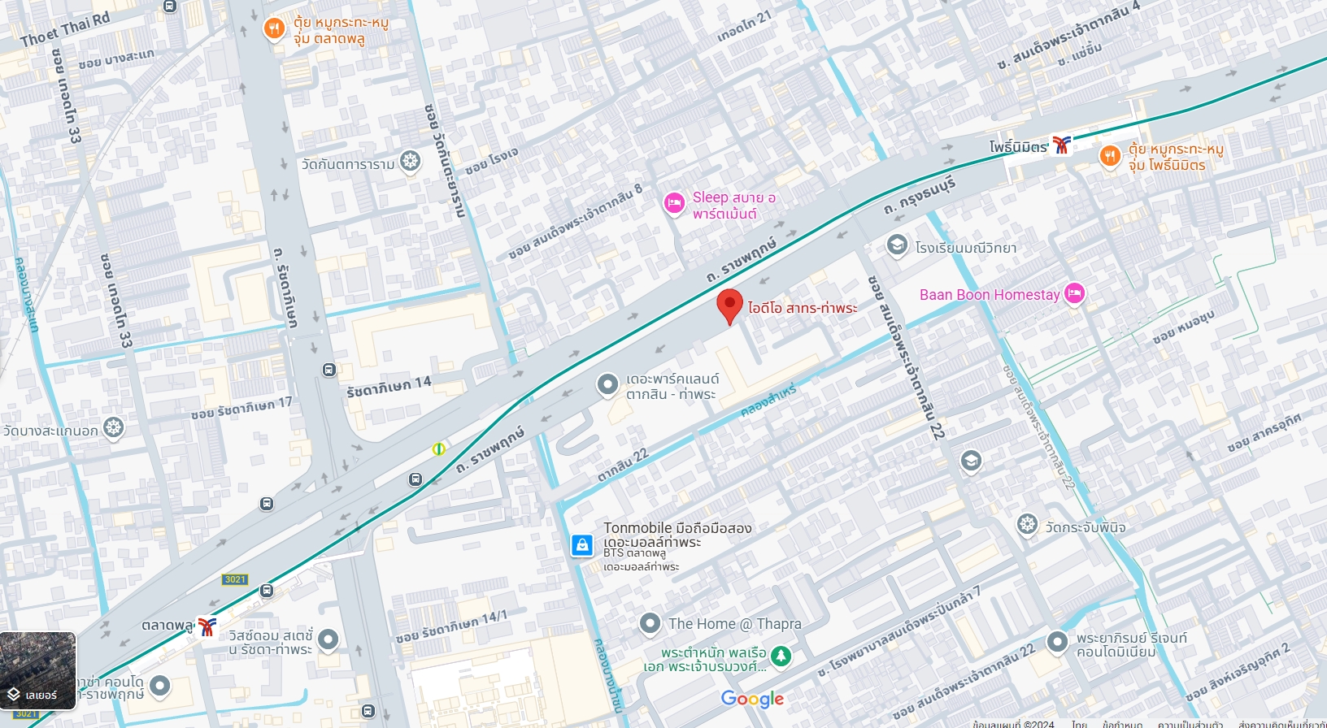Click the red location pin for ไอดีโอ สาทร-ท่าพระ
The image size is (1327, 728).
[729, 306]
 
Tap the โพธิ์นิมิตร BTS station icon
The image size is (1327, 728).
[1061, 145]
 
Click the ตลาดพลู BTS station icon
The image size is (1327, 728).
[208, 626]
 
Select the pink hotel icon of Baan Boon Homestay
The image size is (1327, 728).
[1074, 293]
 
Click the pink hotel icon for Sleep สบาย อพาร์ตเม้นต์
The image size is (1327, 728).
[674, 203]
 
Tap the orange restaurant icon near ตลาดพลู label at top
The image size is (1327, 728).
[274, 29]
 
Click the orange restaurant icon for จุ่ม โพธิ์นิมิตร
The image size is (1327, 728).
[1110, 156]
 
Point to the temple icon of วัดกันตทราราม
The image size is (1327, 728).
[411, 161]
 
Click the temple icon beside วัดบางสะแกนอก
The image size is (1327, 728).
[114, 427]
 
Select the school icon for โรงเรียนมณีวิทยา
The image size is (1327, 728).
[897, 245]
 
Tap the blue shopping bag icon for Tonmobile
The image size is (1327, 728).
[582, 545]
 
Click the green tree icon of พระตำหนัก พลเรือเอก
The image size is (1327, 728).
[781, 656]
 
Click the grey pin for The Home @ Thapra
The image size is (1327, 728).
[650, 623]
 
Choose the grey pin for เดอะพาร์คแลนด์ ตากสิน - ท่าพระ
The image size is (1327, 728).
[607, 384]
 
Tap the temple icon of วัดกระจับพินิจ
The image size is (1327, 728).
[1028, 524]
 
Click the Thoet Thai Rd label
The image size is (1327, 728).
[65, 29]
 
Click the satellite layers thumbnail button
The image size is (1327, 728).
[38, 671]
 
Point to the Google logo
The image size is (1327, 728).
[752, 699]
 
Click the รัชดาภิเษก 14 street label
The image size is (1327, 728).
[389, 387]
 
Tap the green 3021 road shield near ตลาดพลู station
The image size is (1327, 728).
[235, 579]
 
